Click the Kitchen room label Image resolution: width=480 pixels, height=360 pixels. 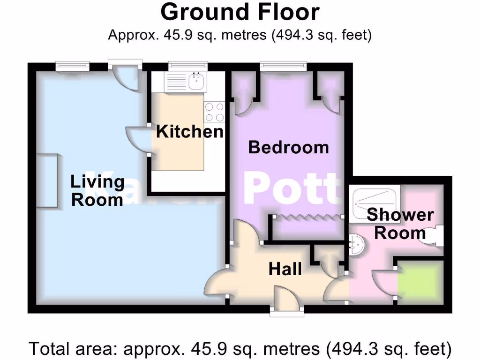[x=190, y=131]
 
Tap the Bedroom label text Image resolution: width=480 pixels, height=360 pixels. [x=288, y=147]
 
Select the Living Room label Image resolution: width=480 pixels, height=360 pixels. [x=97, y=190]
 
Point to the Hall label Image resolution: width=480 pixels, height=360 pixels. [x=285, y=269]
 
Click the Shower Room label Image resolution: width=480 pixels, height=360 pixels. [x=400, y=224]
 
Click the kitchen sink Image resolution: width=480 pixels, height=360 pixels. [x=195, y=82]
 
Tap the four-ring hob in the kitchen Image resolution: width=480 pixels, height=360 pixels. [x=214, y=112]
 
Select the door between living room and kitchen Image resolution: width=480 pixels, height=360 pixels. [x=138, y=139]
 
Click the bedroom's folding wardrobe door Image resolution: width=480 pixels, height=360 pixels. [x=308, y=217]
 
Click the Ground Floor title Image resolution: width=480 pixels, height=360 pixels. [x=240, y=12]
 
